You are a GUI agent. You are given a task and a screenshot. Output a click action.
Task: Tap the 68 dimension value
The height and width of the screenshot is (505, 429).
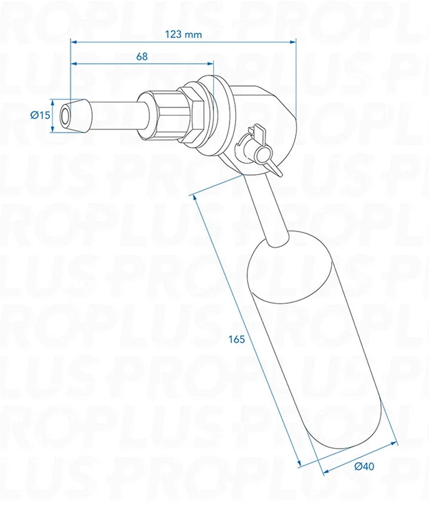[142, 57]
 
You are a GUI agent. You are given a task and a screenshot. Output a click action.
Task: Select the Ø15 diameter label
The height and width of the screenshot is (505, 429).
[40, 115]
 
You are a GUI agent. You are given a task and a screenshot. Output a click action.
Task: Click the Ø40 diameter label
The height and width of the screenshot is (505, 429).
[364, 467]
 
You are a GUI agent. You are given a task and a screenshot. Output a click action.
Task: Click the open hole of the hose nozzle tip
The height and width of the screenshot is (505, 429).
[65, 115]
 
